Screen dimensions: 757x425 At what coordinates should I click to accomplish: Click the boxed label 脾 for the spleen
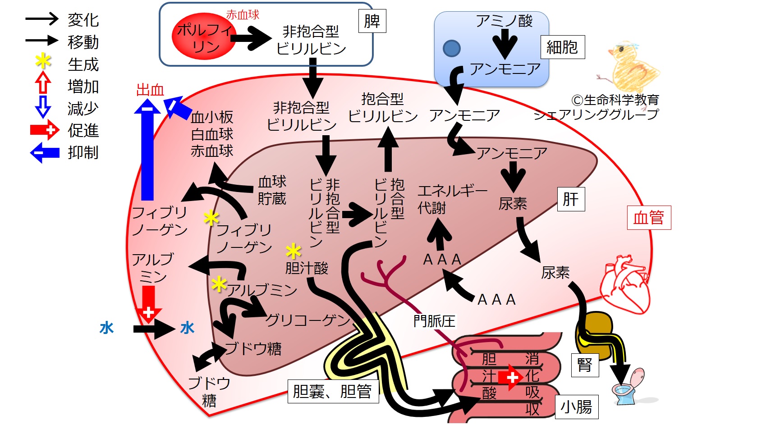click(x=372, y=21)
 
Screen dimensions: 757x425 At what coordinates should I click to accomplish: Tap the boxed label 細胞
click(x=563, y=47)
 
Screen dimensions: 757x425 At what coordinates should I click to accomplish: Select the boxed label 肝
click(x=571, y=199)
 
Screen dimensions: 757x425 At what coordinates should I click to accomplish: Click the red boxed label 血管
click(x=649, y=218)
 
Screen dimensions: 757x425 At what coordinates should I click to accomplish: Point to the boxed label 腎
click(x=585, y=365)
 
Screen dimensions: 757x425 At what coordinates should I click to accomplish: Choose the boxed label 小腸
click(x=577, y=407)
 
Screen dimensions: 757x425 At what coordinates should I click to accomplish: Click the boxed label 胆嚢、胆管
click(x=333, y=392)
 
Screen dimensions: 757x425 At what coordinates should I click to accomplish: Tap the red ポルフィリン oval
click(x=204, y=36)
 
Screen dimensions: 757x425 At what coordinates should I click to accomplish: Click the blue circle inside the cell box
click(x=451, y=48)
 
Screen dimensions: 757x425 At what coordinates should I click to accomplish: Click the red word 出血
click(x=150, y=90)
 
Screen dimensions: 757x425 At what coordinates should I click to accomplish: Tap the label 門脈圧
click(x=435, y=321)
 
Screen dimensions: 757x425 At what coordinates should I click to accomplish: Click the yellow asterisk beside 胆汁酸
click(x=293, y=251)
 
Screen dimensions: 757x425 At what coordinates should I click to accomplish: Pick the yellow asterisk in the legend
click(x=43, y=61)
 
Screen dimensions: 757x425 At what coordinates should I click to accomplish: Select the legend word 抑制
click(x=83, y=152)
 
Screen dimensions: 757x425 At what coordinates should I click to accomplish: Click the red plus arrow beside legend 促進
click(x=45, y=130)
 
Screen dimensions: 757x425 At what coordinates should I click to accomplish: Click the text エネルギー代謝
click(x=453, y=199)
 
